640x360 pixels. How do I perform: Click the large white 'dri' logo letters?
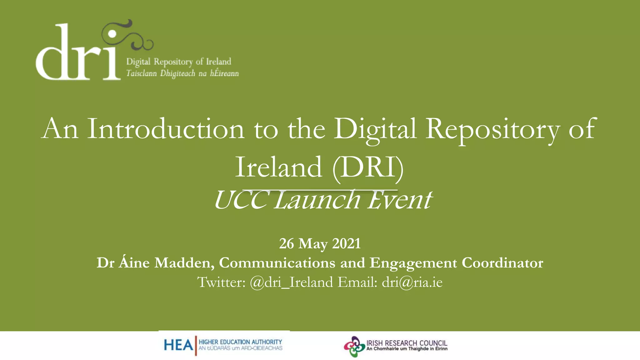coord(78,56)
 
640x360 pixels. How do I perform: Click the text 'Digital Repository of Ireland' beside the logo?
coord(178,62)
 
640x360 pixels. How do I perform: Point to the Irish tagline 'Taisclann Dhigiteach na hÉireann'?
coord(182,73)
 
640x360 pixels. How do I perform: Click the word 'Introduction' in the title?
coord(165,129)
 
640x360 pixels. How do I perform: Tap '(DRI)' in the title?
coord(368,167)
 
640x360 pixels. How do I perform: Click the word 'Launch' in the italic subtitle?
coord(317,200)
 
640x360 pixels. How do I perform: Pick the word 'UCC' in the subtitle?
coord(240,200)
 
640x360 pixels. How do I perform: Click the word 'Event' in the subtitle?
coord(400,200)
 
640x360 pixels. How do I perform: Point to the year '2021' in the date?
coord(346,243)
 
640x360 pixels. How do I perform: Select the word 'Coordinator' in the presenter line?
coord(502,263)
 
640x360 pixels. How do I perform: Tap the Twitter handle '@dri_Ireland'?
coord(291,282)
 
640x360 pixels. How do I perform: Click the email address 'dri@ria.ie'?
coord(412,282)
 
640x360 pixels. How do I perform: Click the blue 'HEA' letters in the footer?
coord(178,345)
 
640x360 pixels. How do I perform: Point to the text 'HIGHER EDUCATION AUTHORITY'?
coord(240,342)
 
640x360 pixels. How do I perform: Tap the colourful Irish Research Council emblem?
coord(354,347)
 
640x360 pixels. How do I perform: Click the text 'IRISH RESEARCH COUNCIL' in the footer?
coord(407,343)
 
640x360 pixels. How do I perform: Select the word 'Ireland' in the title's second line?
coord(278,167)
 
